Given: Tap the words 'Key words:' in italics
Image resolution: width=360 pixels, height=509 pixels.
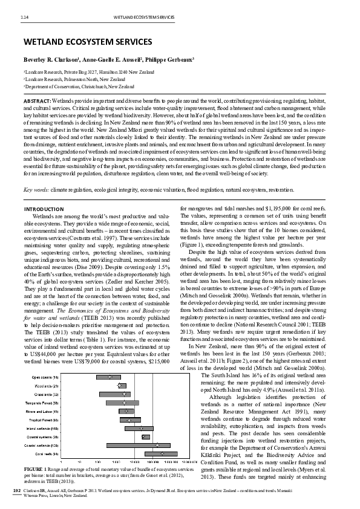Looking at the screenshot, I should (36, 190).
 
